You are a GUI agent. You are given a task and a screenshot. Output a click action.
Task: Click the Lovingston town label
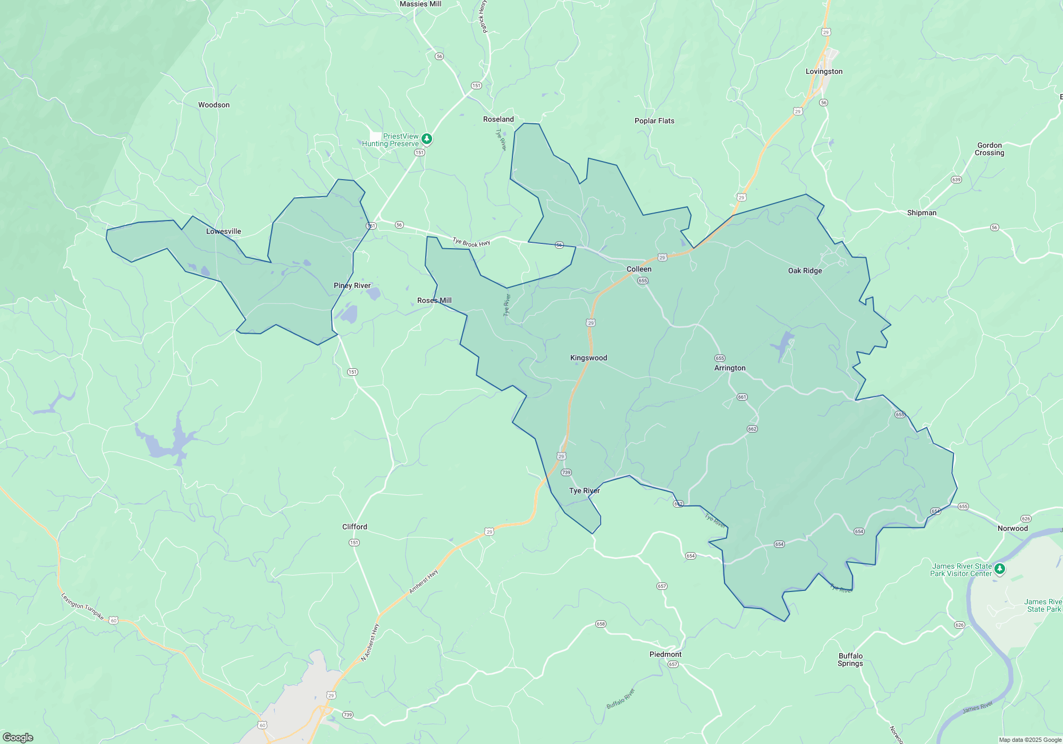pos(824,72)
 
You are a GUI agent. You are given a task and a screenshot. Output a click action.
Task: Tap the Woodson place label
pos(214,105)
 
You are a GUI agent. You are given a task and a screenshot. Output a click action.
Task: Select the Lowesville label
pos(223,232)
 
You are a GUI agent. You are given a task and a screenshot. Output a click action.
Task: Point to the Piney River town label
pos(352,286)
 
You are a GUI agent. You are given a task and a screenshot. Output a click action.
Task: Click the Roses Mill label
pos(434,301)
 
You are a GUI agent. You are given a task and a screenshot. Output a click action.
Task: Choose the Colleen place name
pos(639,269)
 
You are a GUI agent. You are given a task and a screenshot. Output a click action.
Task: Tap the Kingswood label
pos(588,358)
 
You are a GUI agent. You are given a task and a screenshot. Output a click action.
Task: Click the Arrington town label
pos(730,368)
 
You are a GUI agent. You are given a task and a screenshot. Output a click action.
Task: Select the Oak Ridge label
pos(805,271)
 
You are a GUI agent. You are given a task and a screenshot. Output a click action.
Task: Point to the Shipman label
pos(922,213)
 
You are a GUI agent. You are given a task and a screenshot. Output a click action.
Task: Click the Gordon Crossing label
pos(989,149)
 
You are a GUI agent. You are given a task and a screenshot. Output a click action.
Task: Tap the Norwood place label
pos(1013,529)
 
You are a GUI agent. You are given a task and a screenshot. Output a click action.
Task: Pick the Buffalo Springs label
pos(850,660)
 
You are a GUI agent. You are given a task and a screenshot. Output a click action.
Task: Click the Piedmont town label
pos(665,655)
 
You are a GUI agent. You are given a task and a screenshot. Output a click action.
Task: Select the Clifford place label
pos(355,527)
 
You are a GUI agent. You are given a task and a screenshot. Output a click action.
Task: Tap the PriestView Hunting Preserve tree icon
pos(426,139)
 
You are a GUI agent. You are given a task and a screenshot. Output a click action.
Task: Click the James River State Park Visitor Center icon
pos(1000,569)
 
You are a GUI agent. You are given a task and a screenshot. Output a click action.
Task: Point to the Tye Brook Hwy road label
pos(471,243)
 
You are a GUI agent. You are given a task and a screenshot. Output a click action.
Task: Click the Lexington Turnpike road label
pos(82,607)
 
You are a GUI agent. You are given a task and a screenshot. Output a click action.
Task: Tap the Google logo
pos(18,738)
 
